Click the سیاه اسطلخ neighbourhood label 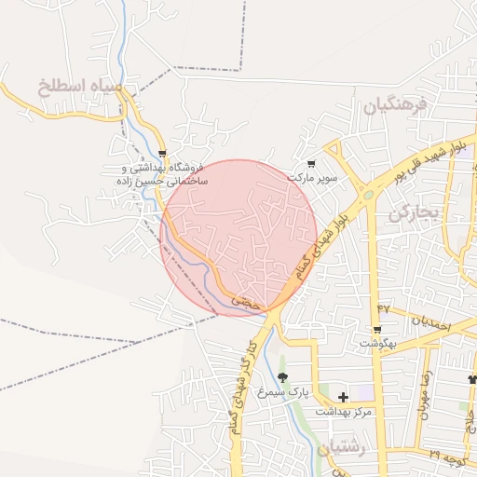(80, 89)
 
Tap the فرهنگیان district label (394, 106)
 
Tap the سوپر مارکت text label (310, 177)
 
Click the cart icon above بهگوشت (376, 330)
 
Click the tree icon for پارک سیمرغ (282, 378)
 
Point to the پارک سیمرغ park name (283, 392)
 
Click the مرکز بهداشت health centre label (343, 411)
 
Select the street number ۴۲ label (383, 308)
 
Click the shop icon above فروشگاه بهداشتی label (163, 155)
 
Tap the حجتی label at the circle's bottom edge (242, 301)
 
